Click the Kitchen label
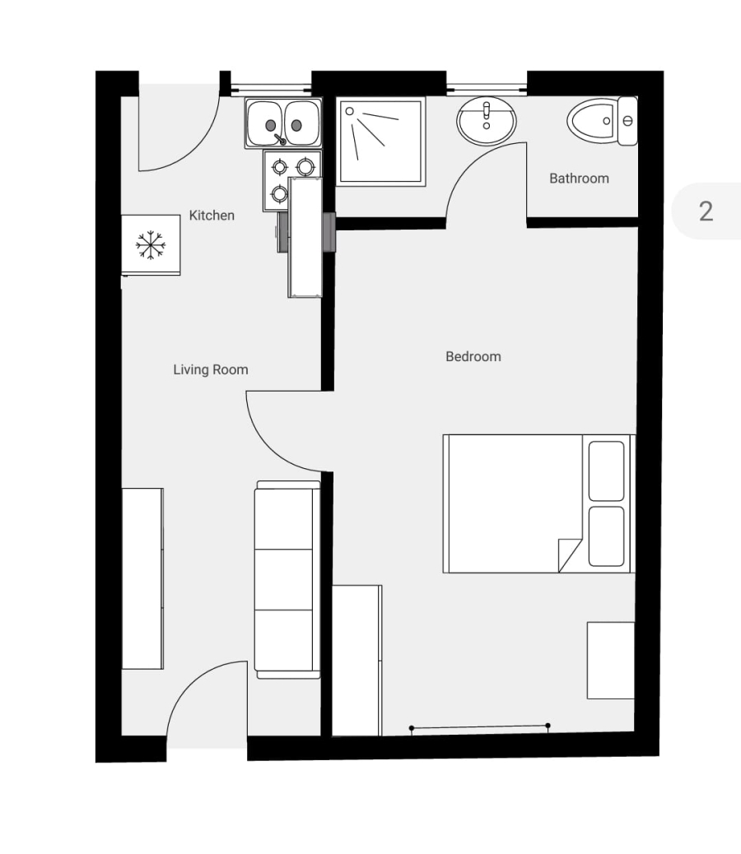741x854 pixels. [x=212, y=216]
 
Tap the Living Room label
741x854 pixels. [x=210, y=370]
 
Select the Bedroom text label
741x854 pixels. [x=473, y=357]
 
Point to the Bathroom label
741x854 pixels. [x=579, y=179]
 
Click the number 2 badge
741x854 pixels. [x=706, y=211]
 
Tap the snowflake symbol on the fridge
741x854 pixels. [x=151, y=245]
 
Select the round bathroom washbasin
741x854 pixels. [x=487, y=122]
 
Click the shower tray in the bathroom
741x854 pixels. [x=380, y=141]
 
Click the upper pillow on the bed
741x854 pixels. [x=607, y=471]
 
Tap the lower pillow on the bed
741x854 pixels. [x=607, y=536]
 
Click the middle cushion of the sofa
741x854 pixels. [x=283, y=579]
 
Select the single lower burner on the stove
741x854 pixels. [x=280, y=194]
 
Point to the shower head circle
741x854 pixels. [x=349, y=110]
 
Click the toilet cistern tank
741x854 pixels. [x=628, y=121]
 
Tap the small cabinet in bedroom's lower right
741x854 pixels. [x=610, y=660]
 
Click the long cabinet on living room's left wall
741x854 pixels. [x=142, y=578]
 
